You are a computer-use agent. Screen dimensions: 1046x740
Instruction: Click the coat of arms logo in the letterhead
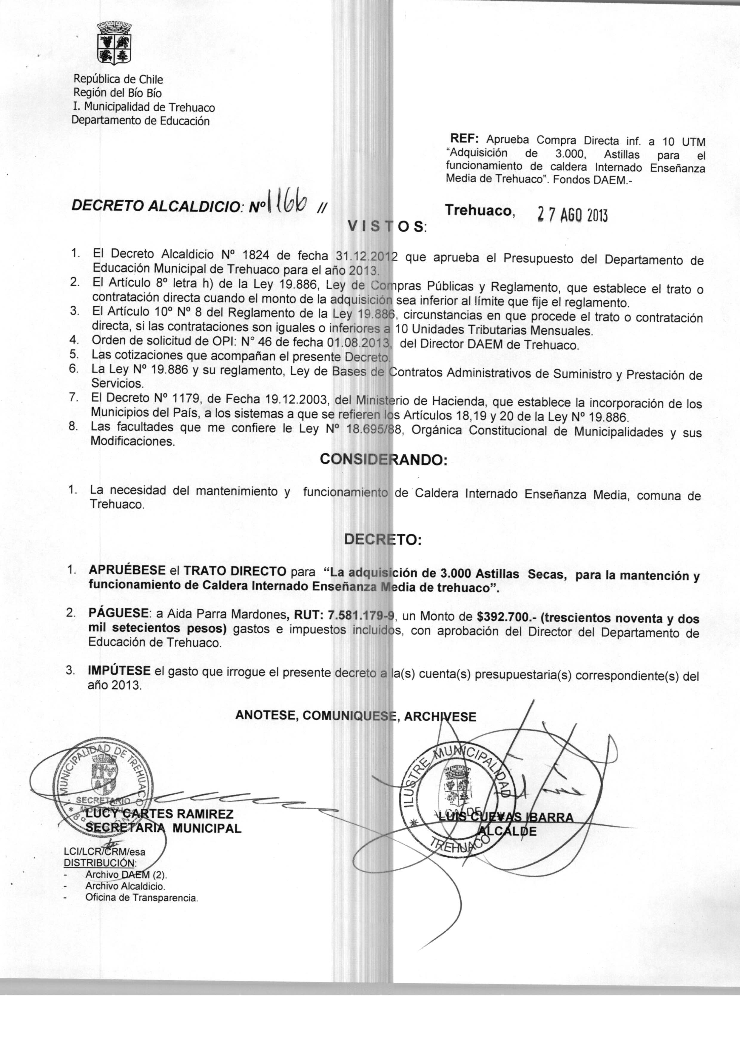pos(115,44)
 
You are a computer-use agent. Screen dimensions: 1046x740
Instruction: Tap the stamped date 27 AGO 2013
pos(573,214)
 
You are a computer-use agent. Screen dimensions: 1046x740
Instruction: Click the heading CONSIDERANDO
pos(384,460)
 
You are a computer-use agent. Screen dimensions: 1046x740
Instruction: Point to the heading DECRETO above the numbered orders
pos(383,540)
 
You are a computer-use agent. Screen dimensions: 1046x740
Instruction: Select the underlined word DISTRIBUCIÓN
pos(100,863)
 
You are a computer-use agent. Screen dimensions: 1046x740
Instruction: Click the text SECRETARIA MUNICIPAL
pos(164,828)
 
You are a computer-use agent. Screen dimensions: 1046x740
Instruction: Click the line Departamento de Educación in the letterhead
pos(141,121)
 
